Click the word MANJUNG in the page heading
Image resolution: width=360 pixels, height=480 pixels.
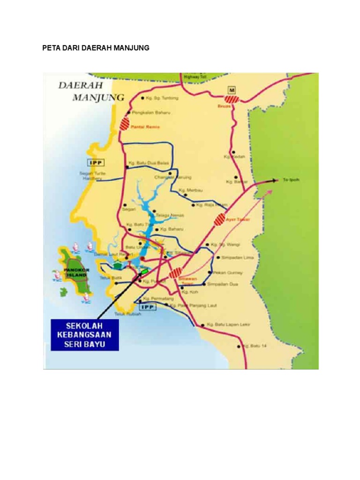point(131,48)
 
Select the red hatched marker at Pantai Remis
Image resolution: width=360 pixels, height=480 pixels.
point(125,124)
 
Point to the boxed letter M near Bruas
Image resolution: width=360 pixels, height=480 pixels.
point(231,89)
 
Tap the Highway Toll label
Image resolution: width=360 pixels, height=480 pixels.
point(193,77)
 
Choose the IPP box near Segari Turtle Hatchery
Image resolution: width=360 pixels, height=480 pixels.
point(96,162)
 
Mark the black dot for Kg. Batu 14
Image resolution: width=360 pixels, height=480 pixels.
point(239,346)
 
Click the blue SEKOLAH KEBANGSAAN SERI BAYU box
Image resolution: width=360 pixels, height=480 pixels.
point(85,335)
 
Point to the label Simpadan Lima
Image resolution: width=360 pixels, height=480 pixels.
point(234,257)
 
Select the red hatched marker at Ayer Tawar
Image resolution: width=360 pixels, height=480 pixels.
point(219,219)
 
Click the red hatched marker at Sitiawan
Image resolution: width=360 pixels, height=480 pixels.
point(176,272)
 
